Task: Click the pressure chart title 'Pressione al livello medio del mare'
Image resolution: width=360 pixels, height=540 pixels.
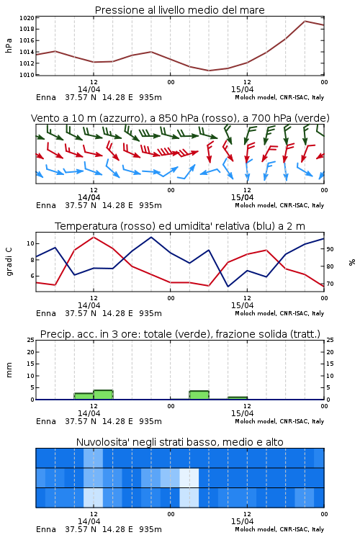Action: (179, 10)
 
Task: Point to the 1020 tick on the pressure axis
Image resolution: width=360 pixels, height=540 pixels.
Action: (27, 18)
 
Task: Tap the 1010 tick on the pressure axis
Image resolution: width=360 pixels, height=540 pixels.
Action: (27, 75)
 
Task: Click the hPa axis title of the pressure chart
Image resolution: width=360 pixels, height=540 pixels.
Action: (9, 45)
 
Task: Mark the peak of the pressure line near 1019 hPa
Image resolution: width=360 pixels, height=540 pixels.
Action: (305, 21)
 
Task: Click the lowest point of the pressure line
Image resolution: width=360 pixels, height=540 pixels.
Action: (209, 71)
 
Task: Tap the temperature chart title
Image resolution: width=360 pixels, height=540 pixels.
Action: (180, 226)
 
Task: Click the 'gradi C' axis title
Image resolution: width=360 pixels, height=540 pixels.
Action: (9, 261)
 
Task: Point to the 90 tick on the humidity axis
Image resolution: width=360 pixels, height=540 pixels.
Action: (330, 249)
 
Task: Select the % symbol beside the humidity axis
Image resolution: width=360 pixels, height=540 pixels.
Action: (352, 262)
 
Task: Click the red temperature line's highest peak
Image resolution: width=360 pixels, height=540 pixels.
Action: (94, 237)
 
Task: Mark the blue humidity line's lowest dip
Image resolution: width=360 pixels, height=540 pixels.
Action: (228, 287)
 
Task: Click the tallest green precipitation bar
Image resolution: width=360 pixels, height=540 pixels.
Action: (104, 395)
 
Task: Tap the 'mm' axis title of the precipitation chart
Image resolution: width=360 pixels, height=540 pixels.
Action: (9, 370)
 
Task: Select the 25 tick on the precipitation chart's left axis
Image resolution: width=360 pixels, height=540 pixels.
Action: (31, 340)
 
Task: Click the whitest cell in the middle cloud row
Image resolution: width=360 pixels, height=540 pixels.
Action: (189, 477)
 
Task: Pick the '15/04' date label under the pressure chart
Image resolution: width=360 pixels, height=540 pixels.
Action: (242, 89)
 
